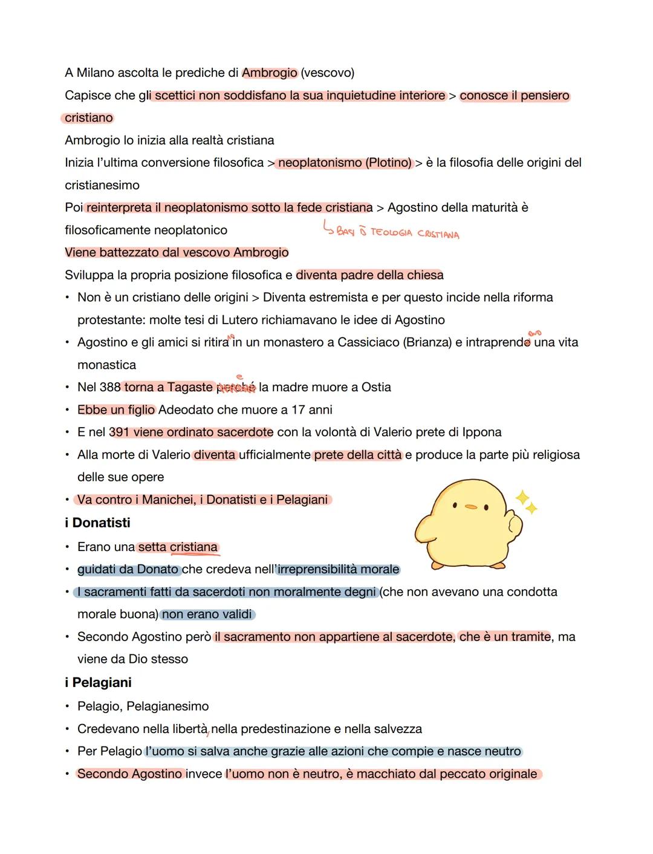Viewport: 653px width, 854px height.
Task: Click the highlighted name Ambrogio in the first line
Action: pyautogui.click(x=270, y=73)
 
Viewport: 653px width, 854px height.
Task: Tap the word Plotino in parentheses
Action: pyautogui.click(x=388, y=163)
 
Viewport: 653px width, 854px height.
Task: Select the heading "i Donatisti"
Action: pyautogui.click(x=97, y=523)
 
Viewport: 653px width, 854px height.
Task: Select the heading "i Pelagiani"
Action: pyautogui.click(x=98, y=682)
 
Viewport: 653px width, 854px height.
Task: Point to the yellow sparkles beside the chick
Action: pyautogui.click(x=525, y=503)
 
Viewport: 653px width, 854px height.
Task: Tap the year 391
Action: pyautogui.click(x=119, y=432)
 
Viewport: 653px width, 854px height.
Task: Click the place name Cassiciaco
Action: pyautogui.click(x=368, y=342)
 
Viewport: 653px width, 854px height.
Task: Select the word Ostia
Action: pyautogui.click(x=376, y=387)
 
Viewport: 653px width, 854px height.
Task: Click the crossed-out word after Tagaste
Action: pyautogui.click(x=236, y=388)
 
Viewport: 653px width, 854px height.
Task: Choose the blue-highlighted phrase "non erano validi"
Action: pyautogui.click(x=207, y=614)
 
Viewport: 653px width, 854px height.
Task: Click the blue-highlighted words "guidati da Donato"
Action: pyautogui.click(x=128, y=570)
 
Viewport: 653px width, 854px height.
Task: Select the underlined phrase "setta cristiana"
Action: pyautogui.click(x=178, y=547)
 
